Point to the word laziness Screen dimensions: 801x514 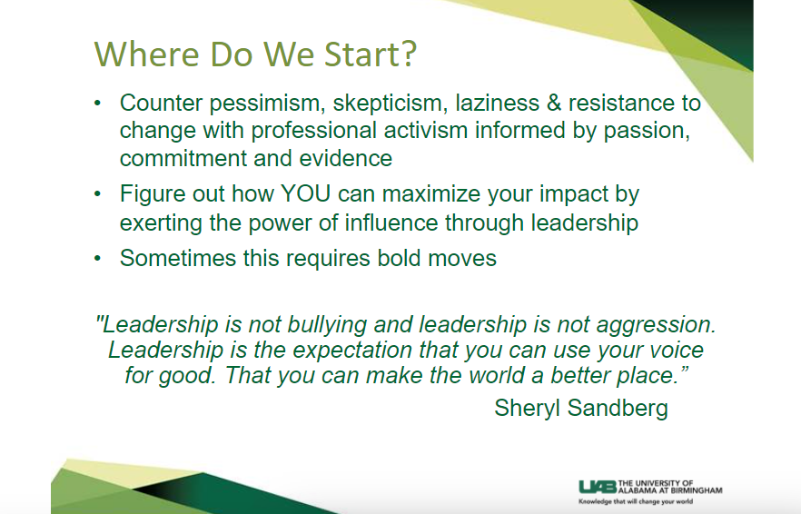tap(497, 103)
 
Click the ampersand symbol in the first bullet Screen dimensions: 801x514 tap(554, 103)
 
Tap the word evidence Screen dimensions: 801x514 tap(346, 158)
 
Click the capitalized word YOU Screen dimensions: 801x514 tap(305, 193)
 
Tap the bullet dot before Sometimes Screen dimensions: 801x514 tap(97, 258)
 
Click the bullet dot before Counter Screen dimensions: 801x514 tap(97, 104)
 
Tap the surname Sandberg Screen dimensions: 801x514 tap(618, 409)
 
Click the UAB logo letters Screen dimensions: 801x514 tap(598, 487)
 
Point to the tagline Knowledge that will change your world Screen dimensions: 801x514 tap(636, 501)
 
